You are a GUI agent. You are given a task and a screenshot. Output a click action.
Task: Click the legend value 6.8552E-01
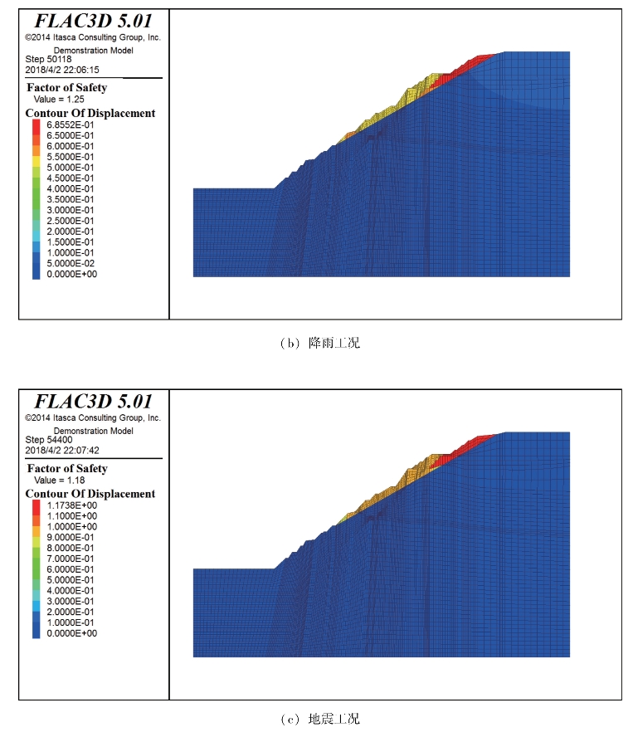(x=70, y=124)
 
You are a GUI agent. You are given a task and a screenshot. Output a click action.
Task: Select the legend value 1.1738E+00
(x=72, y=505)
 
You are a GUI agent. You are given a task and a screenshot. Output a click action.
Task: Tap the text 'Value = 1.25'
(x=59, y=99)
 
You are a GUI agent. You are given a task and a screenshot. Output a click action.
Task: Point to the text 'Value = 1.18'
(x=59, y=480)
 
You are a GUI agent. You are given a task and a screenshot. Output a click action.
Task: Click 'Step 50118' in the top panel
(x=49, y=59)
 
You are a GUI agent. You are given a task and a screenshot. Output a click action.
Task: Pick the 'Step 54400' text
(x=49, y=440)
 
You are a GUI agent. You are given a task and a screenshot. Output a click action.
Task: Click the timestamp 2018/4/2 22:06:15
(x=62, y=70)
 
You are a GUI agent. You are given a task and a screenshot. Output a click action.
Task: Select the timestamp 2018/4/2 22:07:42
(x=62, y=451)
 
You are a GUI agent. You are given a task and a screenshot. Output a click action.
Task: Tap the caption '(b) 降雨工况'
(x=320, y=343)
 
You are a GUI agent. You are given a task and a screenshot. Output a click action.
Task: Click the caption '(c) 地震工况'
(x=320, y=719)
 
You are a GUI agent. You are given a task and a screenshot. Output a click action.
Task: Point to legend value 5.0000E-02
(x=70, y=263)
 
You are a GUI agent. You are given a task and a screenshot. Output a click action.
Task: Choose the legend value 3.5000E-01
(x=70, y=199)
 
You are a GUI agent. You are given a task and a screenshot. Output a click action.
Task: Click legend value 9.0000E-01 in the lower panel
(x=70, y=537)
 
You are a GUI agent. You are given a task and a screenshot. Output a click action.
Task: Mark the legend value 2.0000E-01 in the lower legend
(x=70, y=612)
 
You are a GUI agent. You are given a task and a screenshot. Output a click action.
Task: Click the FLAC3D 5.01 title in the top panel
(x=94, y=21)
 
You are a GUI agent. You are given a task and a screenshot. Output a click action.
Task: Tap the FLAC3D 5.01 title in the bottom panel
(x=94, y=402)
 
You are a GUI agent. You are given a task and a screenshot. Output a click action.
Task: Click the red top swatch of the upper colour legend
(x=36, y=127)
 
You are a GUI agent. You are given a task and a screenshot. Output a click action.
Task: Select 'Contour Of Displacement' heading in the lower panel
(x=90, y=494)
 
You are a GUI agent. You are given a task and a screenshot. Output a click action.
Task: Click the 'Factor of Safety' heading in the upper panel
(x=66, y=88)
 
